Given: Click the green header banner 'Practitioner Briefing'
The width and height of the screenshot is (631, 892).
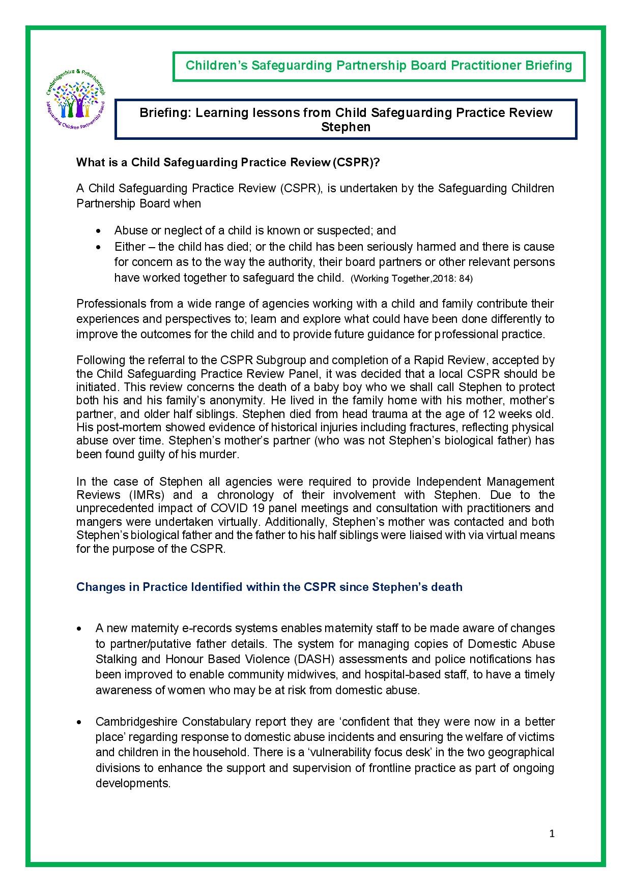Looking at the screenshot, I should tap(379, 66).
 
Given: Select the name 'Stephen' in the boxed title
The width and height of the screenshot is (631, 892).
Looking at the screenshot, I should tap(346, 127).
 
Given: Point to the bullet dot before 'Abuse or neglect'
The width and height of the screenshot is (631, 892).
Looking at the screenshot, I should tap(98, 231).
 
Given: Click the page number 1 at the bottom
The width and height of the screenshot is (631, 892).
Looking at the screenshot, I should tap(552, 834).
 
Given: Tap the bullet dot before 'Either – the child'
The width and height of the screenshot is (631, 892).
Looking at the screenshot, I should tap(98, 247).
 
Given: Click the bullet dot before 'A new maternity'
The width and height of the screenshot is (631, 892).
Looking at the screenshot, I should tap(79, 629).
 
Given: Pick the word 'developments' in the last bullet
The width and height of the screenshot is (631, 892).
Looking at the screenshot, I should tap(132, 783).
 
